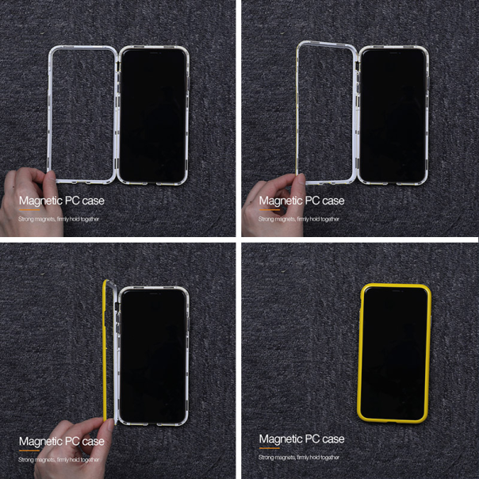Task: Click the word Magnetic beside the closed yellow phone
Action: coord(281,439)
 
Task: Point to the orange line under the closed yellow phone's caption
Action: coord(270,448)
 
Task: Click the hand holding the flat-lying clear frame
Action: coord(25,198)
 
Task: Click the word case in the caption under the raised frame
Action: coord(333,201)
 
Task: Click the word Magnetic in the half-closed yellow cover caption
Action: coord(40,441)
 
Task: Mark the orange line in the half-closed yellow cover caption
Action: coord(29,450)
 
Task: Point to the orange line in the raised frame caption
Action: coord(270,210)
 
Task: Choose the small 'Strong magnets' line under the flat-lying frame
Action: coord(59,218)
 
